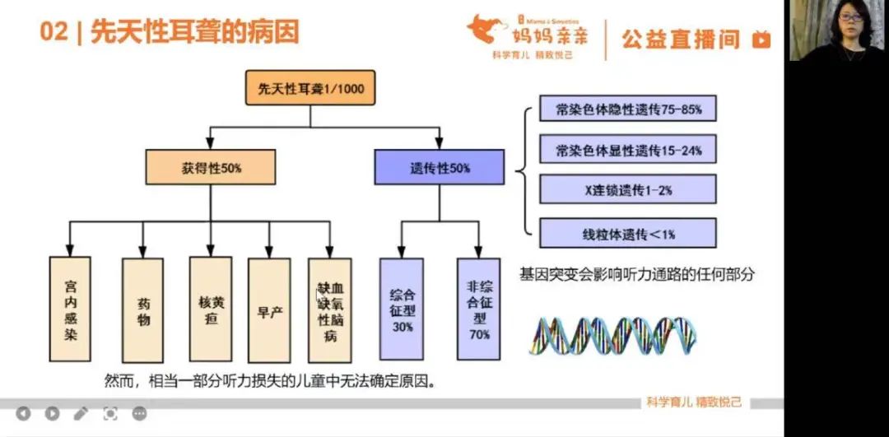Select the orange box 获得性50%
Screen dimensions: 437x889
point(211,167)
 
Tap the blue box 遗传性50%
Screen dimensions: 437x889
point(440,167)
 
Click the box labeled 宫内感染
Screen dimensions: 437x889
point(71,310)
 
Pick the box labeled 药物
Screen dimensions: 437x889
point(143,310)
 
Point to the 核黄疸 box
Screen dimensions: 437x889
point(212,310)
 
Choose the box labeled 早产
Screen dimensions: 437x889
point(269,310)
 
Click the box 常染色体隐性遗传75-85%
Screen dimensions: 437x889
point(627,108)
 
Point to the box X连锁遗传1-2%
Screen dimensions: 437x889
point(627,190)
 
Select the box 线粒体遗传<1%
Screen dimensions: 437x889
point(627,233)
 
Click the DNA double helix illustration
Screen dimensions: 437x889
point(613,334)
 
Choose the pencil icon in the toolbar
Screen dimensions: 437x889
point(81,413)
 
